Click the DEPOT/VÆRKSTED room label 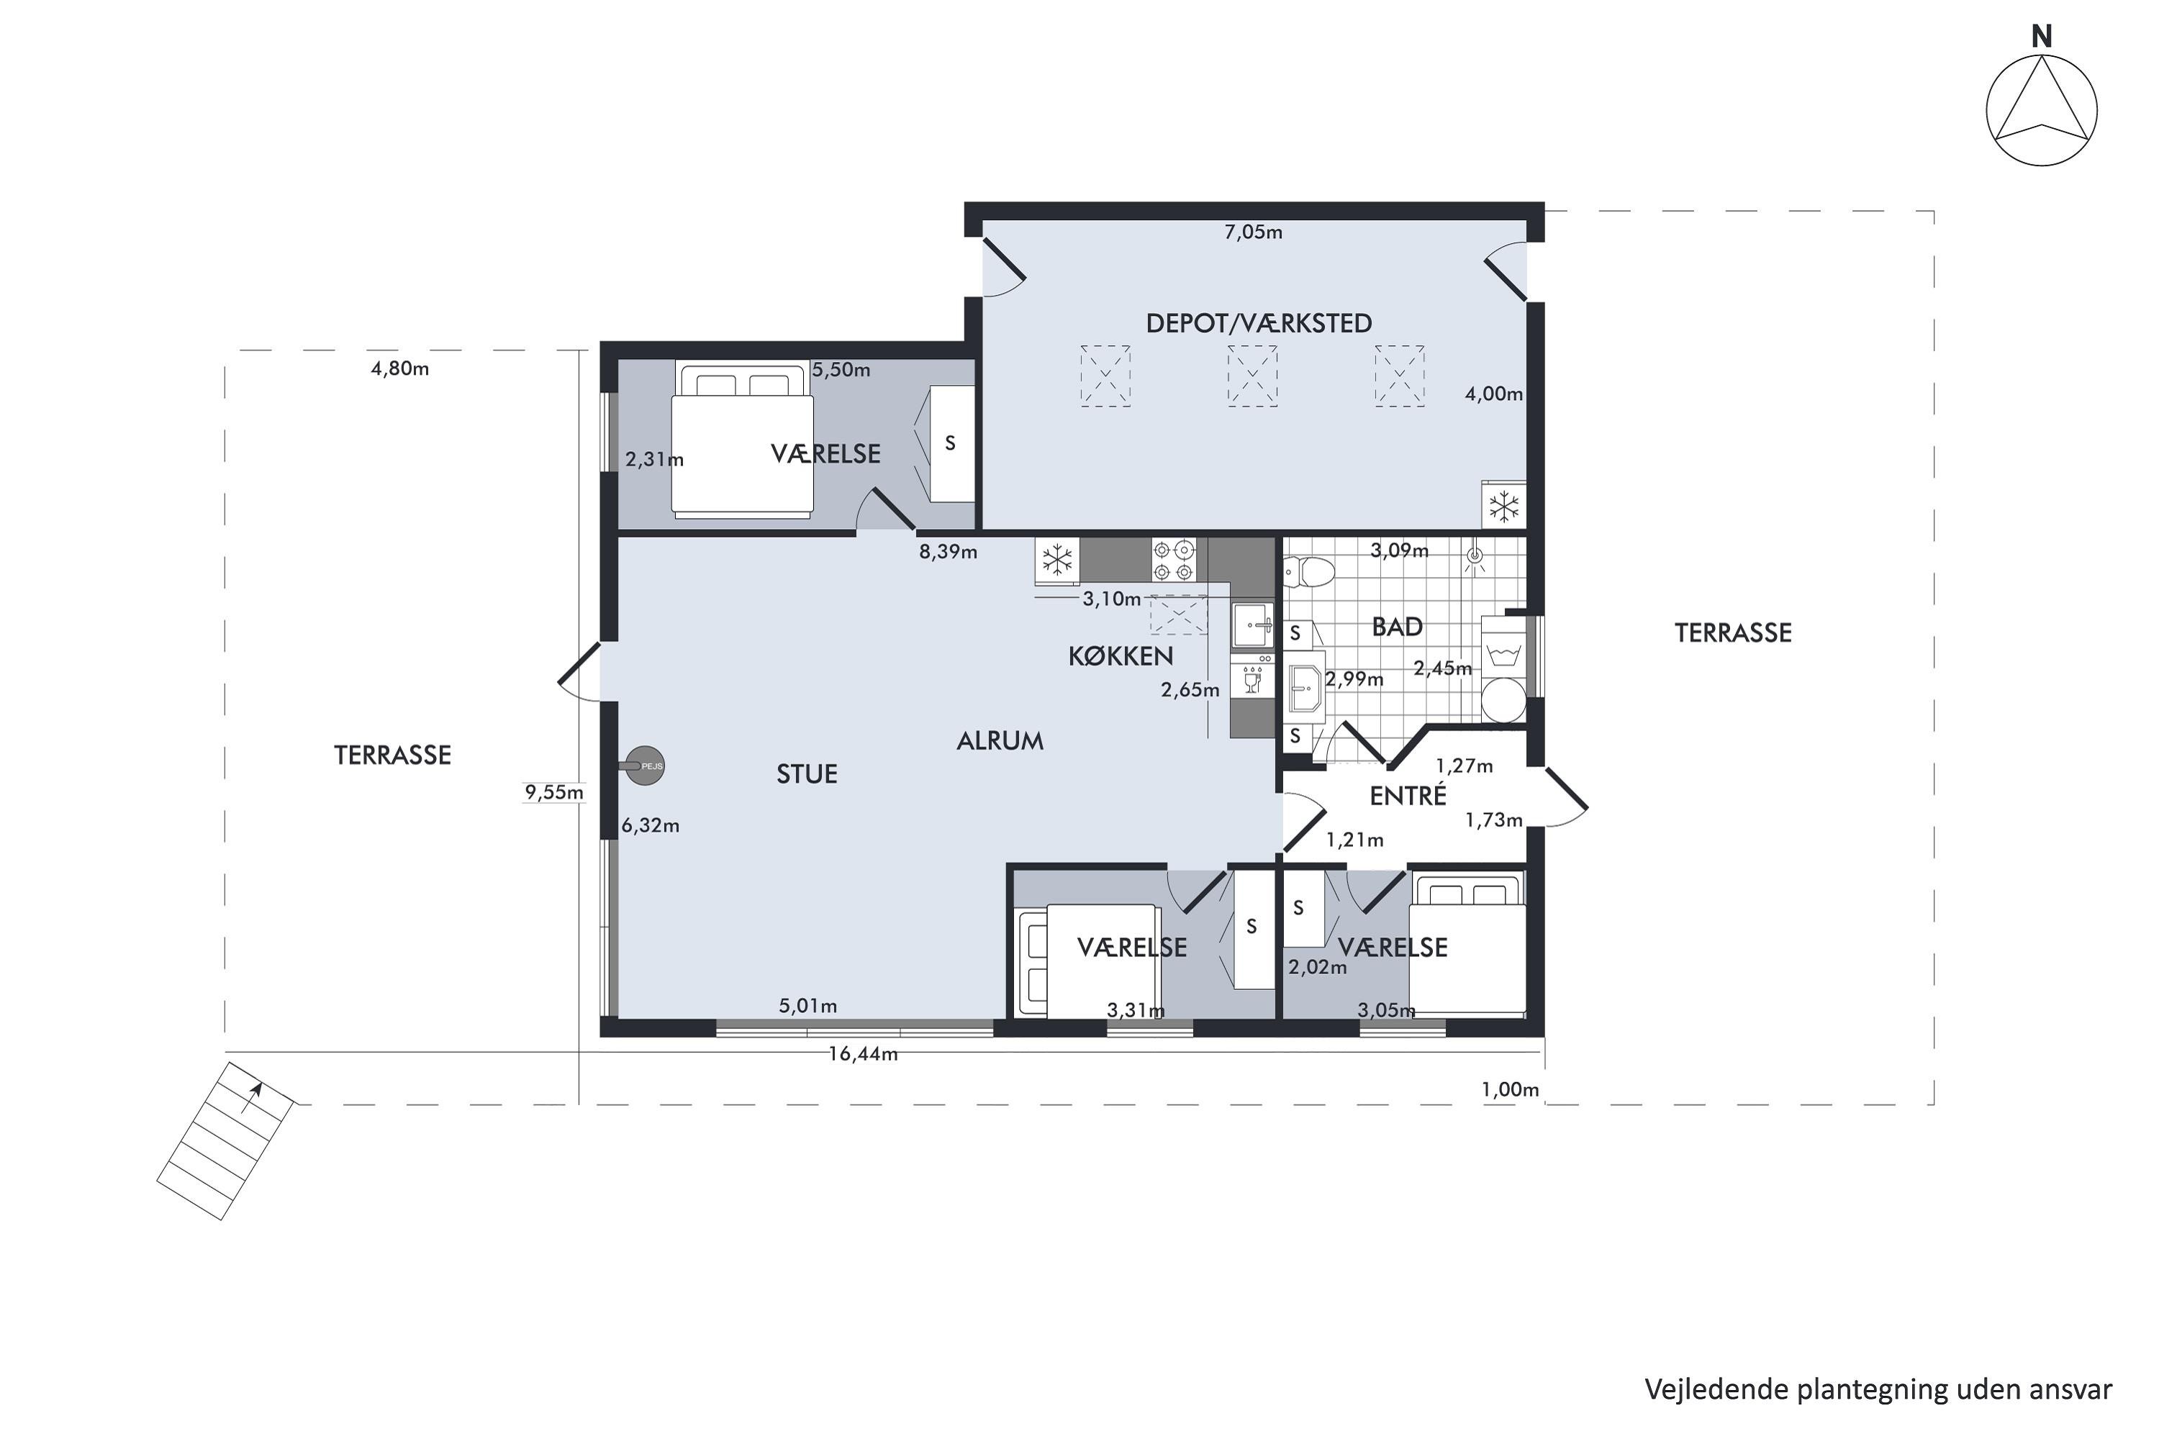[1259, 323]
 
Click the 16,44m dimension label [863, 1053]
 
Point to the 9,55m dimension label [554, 792]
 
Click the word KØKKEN [1121, 656]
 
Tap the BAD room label [1397, 627]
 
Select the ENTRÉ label [1408, 795]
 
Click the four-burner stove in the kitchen [1174, 560]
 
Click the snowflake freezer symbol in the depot [1503, 506]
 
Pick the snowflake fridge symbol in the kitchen [1057, 560]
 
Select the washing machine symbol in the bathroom [1503, 654]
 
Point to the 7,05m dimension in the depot [1253, 232]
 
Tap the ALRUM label [1000, 740]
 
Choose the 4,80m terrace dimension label [399, 369]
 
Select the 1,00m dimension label [1510, 1089]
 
